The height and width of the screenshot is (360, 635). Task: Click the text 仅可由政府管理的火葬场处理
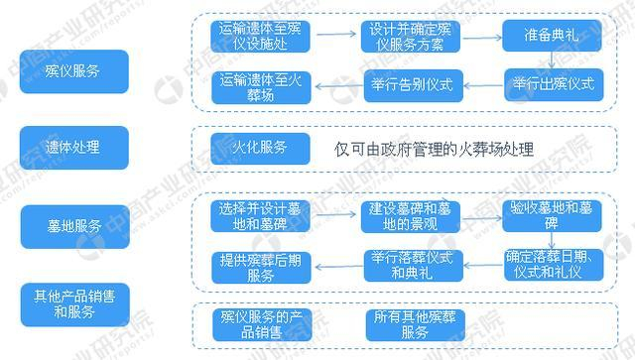pos(435,150)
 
